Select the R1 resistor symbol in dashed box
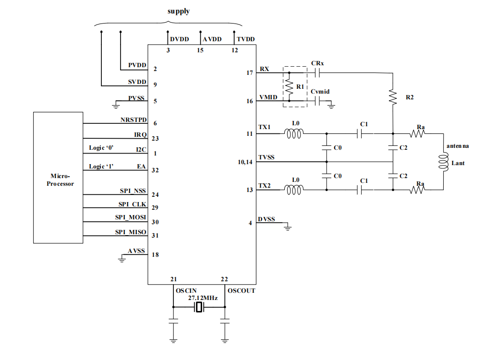(x=289, y=87)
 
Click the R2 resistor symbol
(x=393, y=97)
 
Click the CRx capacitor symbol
(x=317, y=72)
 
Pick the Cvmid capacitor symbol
(x=317, y=101)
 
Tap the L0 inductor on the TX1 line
(x=294, y=134)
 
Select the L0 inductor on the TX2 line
(x=294, y=190)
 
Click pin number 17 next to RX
(x=249, y=73)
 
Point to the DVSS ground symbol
(x=288, y=227)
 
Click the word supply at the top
(x=178, y=11)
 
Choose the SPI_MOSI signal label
(x=130, y=217)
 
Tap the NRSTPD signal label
(x=133, y=119)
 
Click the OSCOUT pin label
(x=242, y=291)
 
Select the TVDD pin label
(x=246, y=39)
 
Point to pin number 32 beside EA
(x=155, y=170)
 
